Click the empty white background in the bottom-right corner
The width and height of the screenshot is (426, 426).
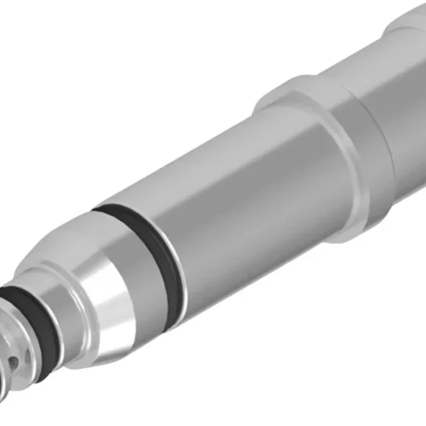383,383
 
